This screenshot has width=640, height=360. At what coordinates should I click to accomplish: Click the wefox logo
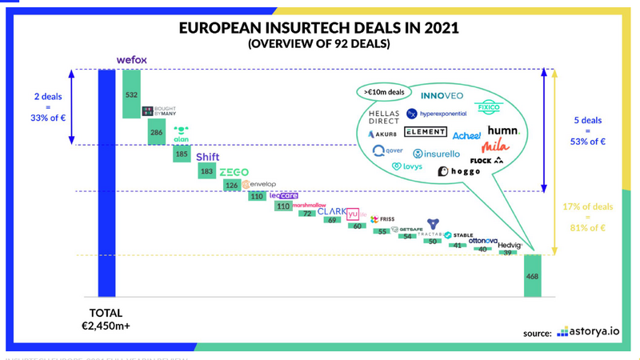(131, 60)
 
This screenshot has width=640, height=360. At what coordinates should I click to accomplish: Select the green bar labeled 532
(131, 94)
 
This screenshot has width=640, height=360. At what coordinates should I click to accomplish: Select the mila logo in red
(494, 146)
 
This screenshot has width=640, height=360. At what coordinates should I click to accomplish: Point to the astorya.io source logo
(587, 331)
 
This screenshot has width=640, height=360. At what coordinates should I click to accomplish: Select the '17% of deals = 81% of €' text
(590, 217)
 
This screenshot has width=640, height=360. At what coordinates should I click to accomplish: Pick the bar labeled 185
(182, 153)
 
